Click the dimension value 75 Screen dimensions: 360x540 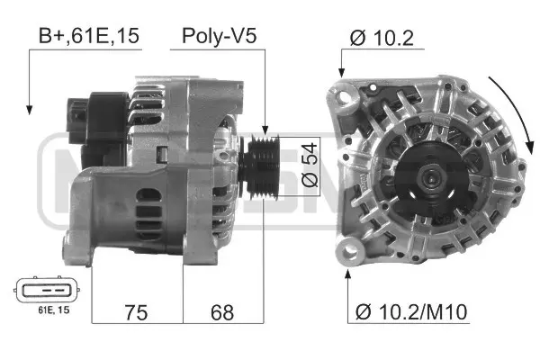[x=135, y=314]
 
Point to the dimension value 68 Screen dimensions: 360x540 [x=222, y=314]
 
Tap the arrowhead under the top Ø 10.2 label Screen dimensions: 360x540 [x=342, y=75]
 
